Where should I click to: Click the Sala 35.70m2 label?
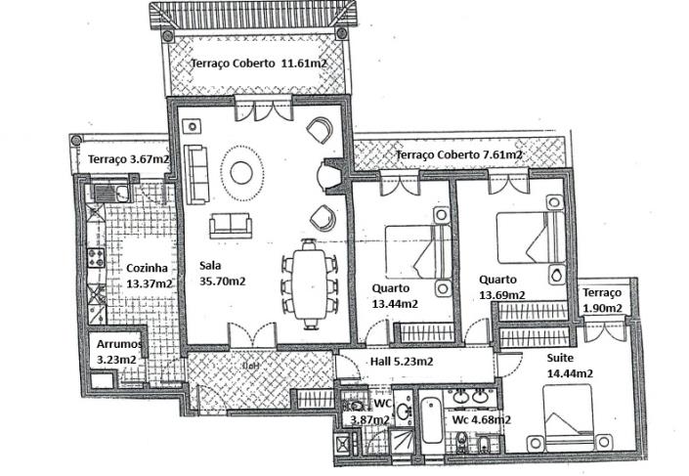point(222,273)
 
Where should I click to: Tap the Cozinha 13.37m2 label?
point(150,276)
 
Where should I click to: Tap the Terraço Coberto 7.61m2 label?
point(458,154)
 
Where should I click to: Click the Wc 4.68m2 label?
point(481,420)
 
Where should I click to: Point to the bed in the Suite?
point(568,414)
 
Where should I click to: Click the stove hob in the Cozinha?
point(97,259)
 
